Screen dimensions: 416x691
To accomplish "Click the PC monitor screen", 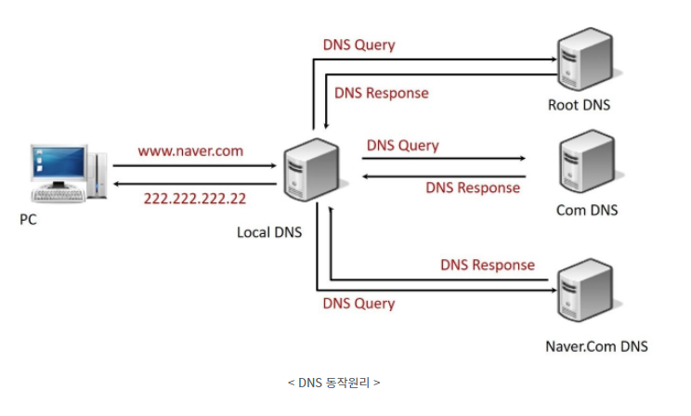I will (57, 164).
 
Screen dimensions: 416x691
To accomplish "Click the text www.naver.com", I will (192, 149).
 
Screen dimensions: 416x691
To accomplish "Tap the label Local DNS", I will (269, 231).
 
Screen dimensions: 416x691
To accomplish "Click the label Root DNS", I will (580, 104).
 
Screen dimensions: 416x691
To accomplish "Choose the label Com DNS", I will (587, 210).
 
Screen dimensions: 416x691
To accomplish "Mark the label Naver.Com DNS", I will (596, 346).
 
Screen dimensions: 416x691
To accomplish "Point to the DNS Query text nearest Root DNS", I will (359, 45).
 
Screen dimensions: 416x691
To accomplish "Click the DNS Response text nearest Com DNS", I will (473, 188).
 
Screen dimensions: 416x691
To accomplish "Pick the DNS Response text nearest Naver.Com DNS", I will (488, 265).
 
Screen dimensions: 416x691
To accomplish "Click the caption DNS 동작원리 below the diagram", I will (334, 382).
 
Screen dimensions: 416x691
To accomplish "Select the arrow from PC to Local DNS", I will (195, 165).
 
